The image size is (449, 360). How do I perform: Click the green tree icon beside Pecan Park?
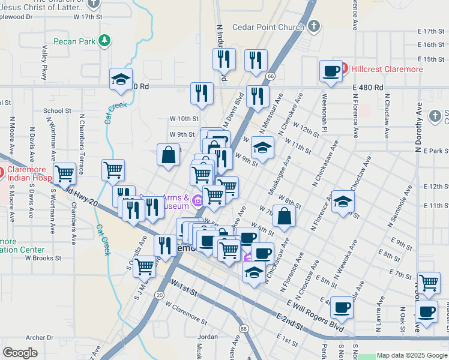[106, 41]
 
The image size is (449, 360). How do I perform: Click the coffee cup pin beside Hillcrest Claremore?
[331, 71]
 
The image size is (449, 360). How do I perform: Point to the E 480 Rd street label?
[368, 88]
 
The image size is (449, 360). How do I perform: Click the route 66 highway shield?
[271, 76]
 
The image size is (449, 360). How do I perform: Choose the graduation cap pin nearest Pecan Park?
[121, 79]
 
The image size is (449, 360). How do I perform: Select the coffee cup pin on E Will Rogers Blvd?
[342, 308]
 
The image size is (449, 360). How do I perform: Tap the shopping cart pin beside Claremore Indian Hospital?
[64, 174]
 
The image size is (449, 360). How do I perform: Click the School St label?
[57, 111]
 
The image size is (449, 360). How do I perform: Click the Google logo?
[20, 353]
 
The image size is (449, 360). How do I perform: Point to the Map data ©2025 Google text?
[412, 355]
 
